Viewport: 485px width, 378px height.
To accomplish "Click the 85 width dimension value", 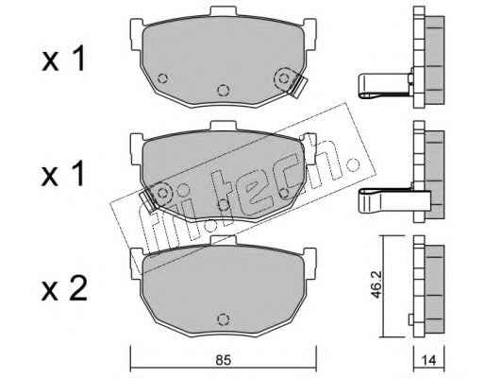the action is (x=224, y=360).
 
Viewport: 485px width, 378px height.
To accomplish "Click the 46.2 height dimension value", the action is (x=376, y=285).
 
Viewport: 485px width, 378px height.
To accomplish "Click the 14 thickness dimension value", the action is (x=429, y=360).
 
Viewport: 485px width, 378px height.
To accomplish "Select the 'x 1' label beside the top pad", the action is (x=63, y=59).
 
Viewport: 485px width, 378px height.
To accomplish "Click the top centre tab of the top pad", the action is (x=223, y=10).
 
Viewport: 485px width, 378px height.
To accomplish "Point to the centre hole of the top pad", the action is (x=223, y=91).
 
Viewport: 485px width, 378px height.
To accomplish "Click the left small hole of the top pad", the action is (x=162, y=78).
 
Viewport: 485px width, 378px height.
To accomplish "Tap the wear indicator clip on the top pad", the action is (x=298, y=86).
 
